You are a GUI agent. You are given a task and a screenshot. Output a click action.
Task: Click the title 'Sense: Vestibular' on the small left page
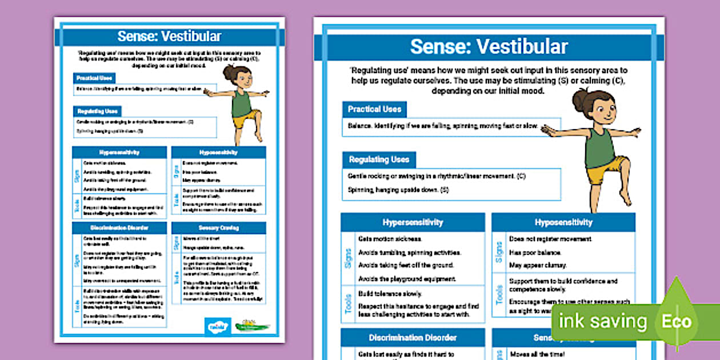[169, 37]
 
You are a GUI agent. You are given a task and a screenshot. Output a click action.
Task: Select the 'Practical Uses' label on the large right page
[374, 109]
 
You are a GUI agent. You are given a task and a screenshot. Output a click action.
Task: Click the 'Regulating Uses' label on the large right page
[379, 159]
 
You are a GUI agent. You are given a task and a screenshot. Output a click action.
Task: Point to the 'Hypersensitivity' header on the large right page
[413, 222]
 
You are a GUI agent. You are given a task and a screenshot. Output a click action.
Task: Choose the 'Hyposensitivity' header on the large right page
[563, 222]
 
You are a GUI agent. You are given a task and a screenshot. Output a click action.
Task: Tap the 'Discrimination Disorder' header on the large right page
[413, 337]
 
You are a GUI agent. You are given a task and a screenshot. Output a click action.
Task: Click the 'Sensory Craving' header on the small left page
[219, 227]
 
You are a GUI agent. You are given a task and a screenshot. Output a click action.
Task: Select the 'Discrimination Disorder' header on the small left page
[119, 227]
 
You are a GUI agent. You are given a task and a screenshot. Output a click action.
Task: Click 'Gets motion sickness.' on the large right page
[390, 239]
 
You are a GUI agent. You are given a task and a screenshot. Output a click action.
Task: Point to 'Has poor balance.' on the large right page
[535, 253]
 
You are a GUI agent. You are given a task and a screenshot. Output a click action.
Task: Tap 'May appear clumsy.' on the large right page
[538, 265]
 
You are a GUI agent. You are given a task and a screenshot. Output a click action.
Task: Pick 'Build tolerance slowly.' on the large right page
[390, 294]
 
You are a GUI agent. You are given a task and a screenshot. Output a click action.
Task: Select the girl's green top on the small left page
[242, 103]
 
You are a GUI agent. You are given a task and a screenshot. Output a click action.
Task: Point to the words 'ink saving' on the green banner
[602, 322]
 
